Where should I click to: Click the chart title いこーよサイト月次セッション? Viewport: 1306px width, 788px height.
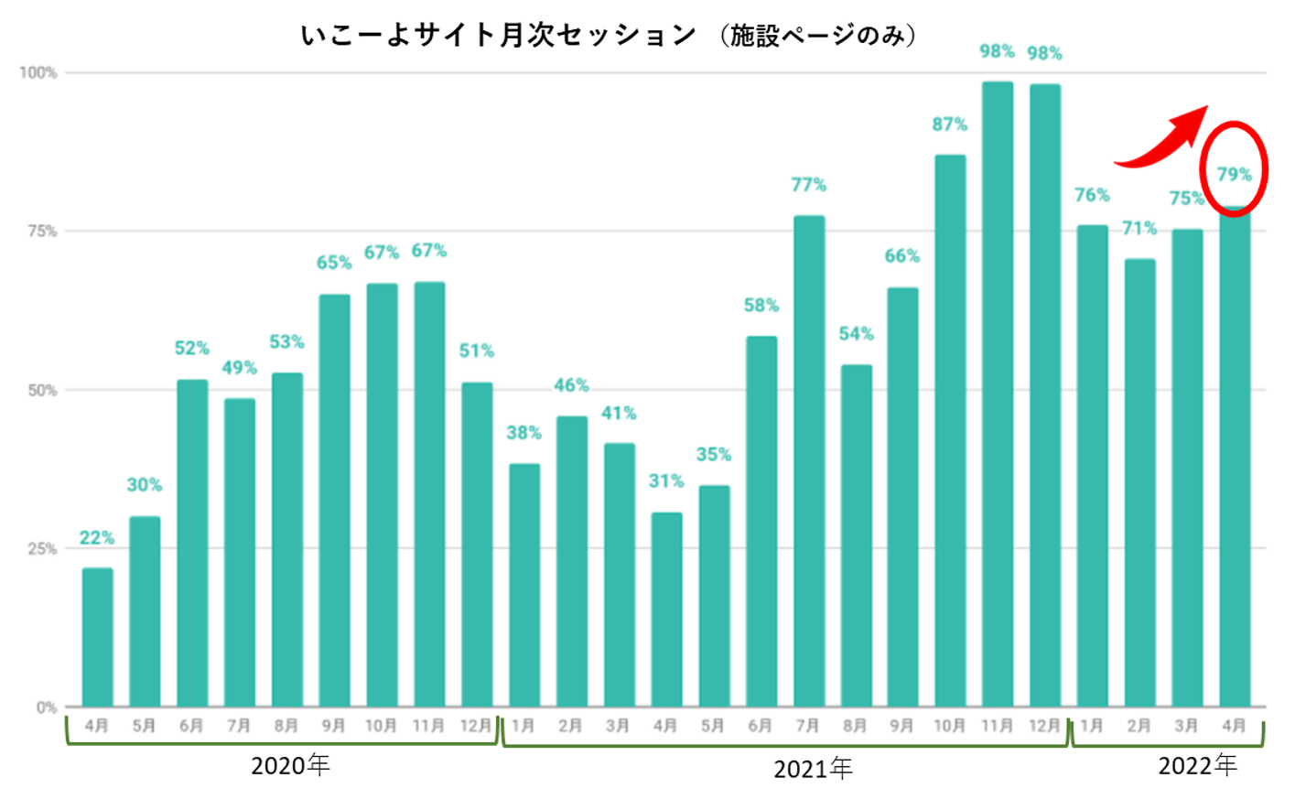coord(499,36)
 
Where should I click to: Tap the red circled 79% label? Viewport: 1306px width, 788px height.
coord(1234,174)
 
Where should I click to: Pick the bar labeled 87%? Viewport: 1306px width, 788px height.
coord(949,430)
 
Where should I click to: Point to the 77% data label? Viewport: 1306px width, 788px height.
coord(808,185)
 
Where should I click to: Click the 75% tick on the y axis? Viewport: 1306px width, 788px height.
coord(41,232)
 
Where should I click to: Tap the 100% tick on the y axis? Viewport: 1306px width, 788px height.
coord(38,72)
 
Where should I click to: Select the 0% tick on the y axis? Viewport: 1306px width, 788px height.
coord(46,707)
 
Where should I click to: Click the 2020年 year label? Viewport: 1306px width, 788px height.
coord(290,765)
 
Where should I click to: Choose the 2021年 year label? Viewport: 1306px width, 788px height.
coord(812,769)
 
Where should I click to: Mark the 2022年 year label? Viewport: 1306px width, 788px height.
coord(1197,765)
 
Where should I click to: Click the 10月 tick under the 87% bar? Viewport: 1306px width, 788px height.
coord(949,726)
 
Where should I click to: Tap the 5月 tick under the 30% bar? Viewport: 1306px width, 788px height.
coord(145,726)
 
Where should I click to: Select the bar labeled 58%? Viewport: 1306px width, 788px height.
coord(761,522)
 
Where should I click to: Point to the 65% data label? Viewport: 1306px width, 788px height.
coord(334,263)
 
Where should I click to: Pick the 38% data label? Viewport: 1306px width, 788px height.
coord(523,433)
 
